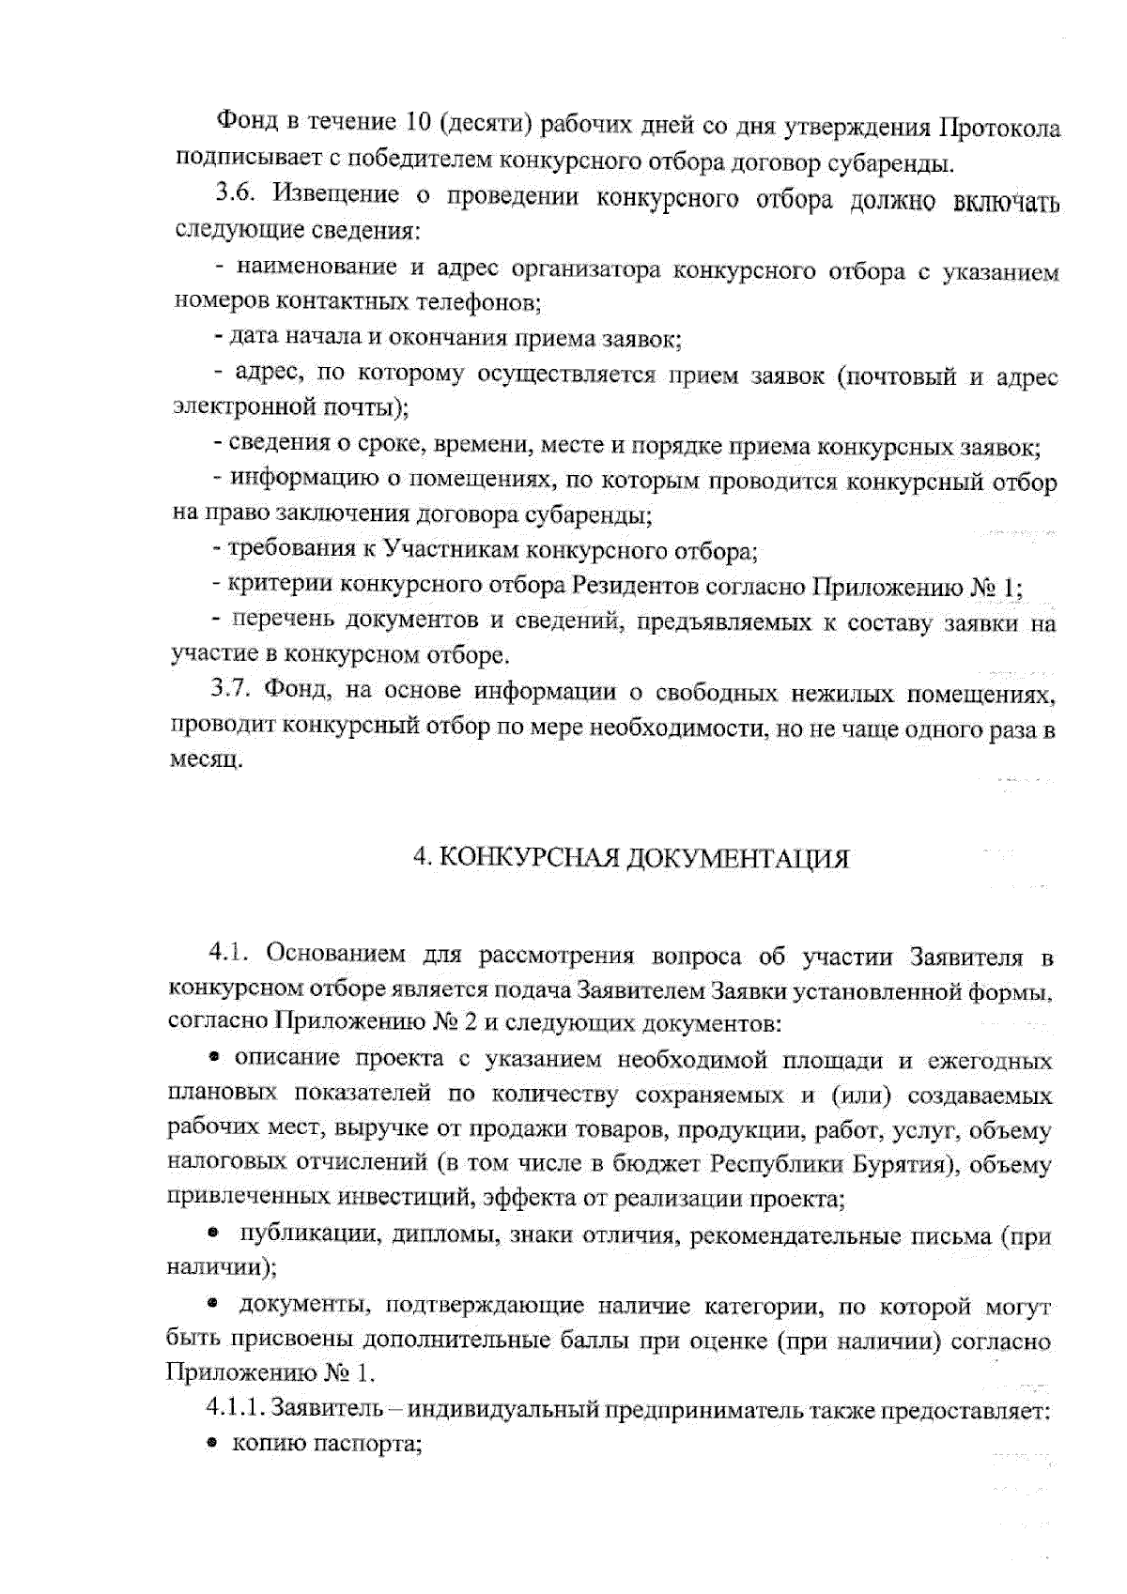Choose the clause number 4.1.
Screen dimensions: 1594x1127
pos(228,954)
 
